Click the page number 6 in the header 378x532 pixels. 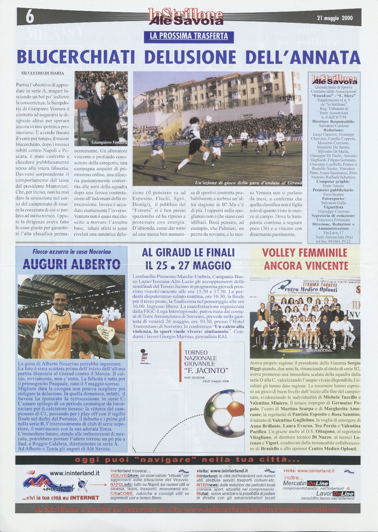point(30,17)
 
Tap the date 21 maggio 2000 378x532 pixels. point(335,18)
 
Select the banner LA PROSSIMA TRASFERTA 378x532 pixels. point(189,36)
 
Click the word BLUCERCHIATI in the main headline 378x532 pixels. point(76,57)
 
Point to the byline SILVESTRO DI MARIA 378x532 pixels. point(42,73)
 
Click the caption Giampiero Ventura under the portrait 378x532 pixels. point(110,142)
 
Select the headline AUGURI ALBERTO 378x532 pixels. point(71,265)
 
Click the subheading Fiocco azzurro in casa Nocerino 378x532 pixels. point(71,252)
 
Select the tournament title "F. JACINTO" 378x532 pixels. point(206,370)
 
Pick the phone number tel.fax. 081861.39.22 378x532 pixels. point(334,241)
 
